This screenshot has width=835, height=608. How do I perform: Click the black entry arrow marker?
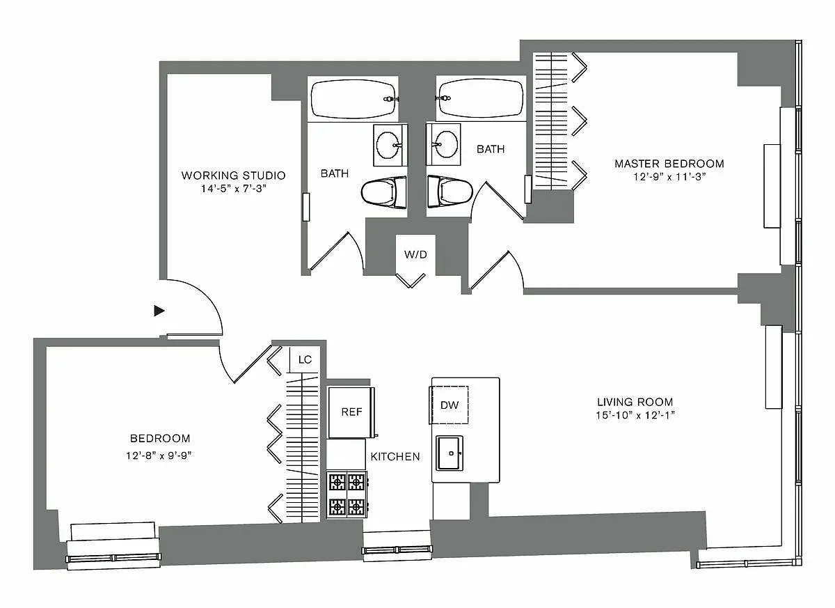[159, 311]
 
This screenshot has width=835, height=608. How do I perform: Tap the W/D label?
[415, 254]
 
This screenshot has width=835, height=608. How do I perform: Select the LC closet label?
[305, 360]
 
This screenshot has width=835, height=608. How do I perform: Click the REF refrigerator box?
[351, 412]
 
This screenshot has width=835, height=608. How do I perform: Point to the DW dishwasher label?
[450, 405]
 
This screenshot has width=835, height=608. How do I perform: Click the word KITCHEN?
[395, 457]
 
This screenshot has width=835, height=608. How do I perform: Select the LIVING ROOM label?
[635, 402]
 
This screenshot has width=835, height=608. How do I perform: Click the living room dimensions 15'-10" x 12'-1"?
[635, 416]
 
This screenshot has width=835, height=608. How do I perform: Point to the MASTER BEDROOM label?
[669, 164]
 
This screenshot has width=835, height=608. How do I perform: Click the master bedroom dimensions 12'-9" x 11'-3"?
[669, 178]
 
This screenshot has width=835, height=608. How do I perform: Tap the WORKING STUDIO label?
[233, 176]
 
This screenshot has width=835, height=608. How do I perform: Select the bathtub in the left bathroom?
[353, 99]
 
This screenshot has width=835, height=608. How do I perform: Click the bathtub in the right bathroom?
[481, 99]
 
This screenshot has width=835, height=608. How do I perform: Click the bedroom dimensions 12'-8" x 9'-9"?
[160, 456]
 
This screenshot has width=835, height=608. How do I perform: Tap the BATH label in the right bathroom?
[491, 149]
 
